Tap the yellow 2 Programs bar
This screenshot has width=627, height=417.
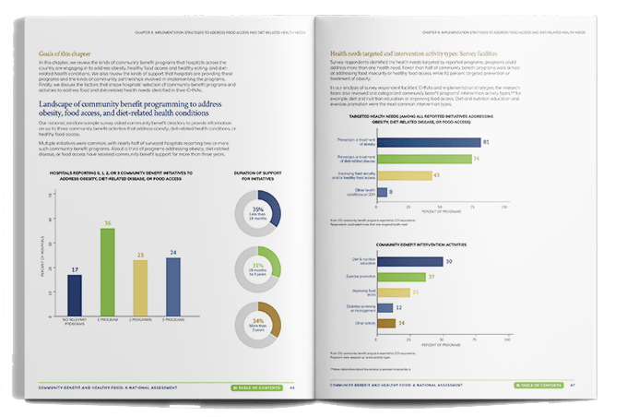click(x=140, y=290)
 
